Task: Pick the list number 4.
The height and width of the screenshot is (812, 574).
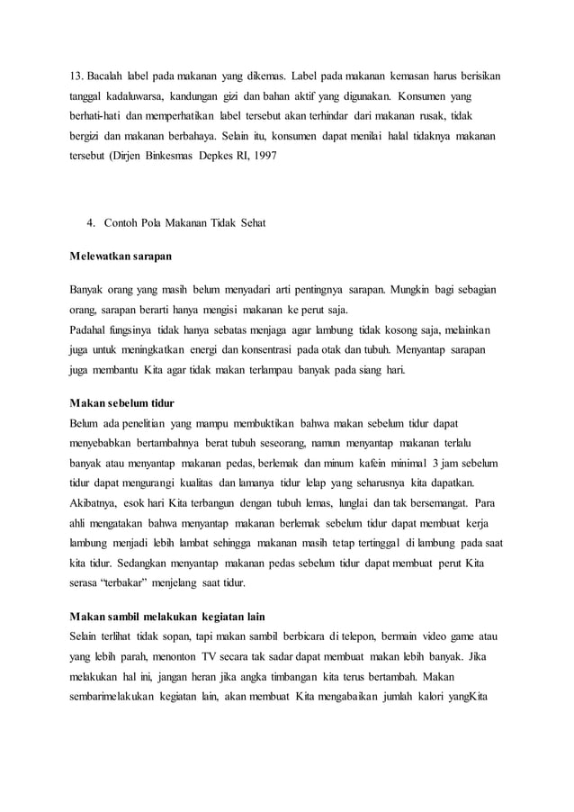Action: point(90,222)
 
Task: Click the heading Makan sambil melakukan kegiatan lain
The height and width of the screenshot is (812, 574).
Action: point(172,617)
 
